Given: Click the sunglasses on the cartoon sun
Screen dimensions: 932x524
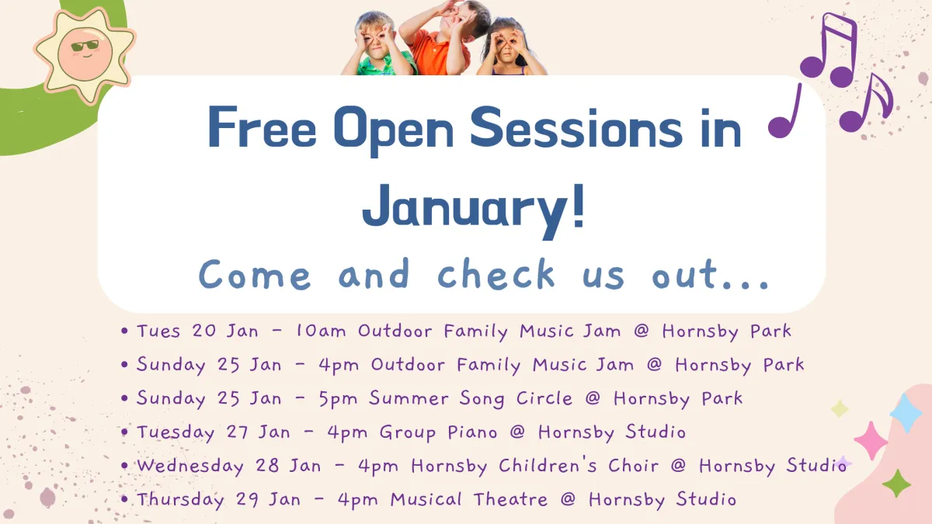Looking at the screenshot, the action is [x=85, y=46].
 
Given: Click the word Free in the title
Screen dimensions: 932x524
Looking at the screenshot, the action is [x=262, y=127].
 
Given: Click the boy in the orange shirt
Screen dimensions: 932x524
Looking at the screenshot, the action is [x=445, y=37].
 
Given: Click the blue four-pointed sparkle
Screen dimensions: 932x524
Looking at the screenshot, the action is [x=906, y=413].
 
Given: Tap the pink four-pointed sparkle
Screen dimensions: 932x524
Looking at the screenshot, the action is [x=871, y=440].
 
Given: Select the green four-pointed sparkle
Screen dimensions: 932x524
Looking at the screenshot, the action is [x=896, y=483].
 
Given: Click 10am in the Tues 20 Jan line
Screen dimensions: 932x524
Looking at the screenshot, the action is [x=320, y=331].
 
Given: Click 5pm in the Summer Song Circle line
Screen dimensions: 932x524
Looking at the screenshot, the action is [x=338, y=398].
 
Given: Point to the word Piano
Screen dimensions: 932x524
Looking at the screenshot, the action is [x=472, y=432].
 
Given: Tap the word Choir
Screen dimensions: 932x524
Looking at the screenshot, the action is [x=633, y=465].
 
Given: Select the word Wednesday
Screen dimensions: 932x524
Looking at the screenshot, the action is [x=190, y=467].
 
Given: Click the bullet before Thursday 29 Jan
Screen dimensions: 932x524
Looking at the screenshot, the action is [x=124, y=499].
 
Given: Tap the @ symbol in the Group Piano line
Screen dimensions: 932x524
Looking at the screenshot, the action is [x=517, y=432].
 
